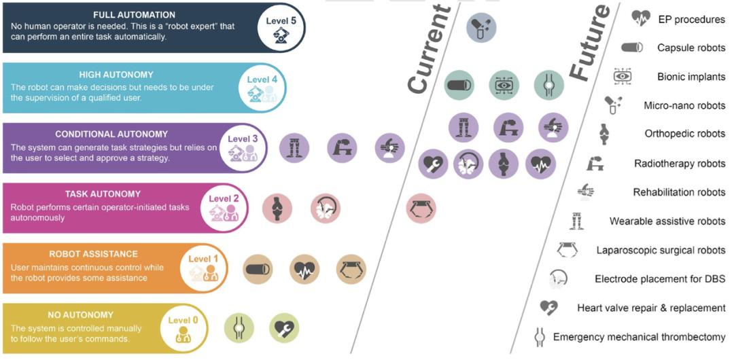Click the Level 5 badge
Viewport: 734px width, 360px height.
click(x=280, y=28)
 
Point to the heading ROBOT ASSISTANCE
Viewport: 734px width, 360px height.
click(x=94, y=254)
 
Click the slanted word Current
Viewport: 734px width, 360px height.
click(x=430, y=49)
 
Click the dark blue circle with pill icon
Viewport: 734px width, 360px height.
click(x=481, y=29)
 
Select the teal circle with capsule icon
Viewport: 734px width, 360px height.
click(x=459, y=85)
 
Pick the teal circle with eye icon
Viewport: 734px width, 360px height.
click(x=504, y=85)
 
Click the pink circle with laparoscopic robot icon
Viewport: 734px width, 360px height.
click(x=421, y=208)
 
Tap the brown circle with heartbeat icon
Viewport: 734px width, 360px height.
click(x=304, y=269)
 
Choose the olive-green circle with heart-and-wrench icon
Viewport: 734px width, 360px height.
click(x=283, y=327)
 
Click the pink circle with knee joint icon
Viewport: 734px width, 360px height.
click(x=277, y=208)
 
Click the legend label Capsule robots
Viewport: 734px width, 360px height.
click(x=691, y=48)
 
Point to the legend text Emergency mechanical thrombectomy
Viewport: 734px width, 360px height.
click(x=639, y=337)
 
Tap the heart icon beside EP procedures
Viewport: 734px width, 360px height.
click(x=640, y=18)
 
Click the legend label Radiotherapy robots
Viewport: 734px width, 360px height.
click(x=679, y=164)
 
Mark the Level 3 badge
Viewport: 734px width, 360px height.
click(x=242, y=147)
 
